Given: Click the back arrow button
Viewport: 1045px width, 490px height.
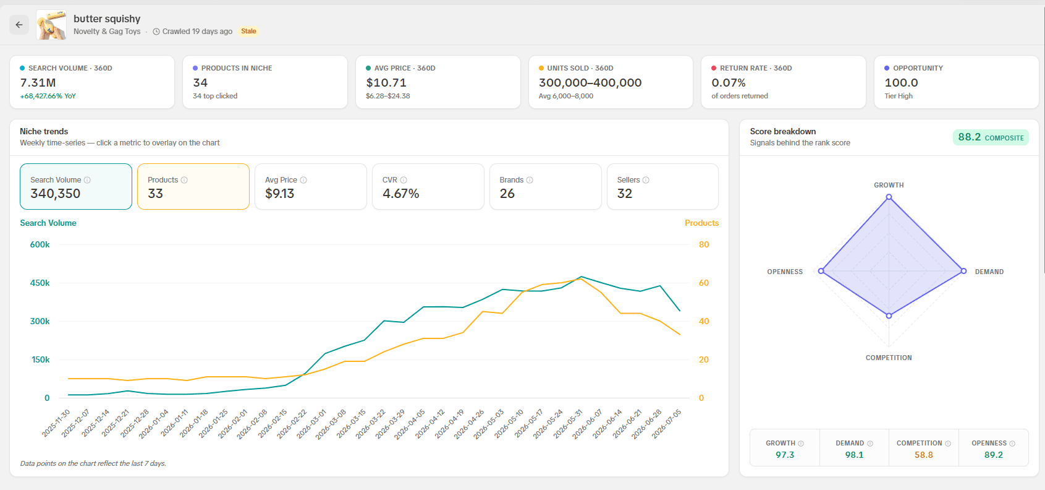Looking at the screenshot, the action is (x=19, y=25).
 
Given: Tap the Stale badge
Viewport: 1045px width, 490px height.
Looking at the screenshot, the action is (x=248, y=32).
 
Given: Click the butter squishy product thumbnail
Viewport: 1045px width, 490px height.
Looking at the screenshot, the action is (x=51, y=25).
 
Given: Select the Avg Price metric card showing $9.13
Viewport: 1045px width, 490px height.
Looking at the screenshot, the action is (x=311, y=186).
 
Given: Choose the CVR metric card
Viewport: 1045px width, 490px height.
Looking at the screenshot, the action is (x=428, y=186).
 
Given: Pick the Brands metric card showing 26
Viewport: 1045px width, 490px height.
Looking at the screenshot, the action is (x=545, y=186).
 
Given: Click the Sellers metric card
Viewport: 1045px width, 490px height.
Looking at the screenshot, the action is (x=662, y=186).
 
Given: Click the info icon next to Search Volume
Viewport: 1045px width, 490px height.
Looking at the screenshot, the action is (x=87, y=180).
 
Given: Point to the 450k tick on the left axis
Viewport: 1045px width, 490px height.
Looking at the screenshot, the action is (x=40, y=283).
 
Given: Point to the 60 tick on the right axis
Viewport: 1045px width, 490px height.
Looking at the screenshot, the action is (x=704, y=283).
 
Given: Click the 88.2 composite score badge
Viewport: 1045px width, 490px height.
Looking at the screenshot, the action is (x=991, y=137).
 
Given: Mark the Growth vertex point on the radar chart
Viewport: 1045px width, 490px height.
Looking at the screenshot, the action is (x=889, y=197).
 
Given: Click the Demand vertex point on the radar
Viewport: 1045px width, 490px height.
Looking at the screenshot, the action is (x=963, y=271).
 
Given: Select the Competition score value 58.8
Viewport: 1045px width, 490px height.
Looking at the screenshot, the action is (x=923, y=455).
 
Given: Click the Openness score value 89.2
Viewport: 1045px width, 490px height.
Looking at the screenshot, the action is (x=993, y=455).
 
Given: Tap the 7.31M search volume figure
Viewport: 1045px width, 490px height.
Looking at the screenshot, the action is (x=38, y=83).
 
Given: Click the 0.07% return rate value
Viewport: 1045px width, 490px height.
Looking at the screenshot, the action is (x=728, y=83).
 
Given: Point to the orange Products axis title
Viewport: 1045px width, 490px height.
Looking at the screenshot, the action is (x=701, y=223).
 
